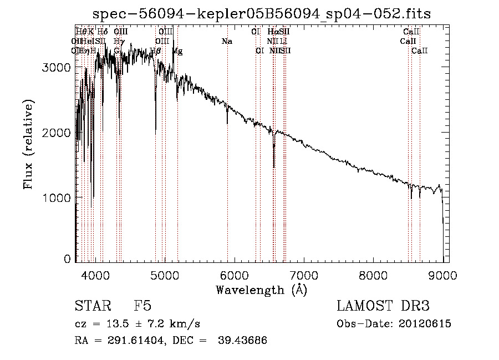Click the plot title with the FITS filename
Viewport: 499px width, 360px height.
click(261, 13)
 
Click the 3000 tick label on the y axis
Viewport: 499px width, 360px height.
click(57, 67)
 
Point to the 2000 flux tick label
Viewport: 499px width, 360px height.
click(57, 133)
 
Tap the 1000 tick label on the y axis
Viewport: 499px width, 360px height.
click(57, 197)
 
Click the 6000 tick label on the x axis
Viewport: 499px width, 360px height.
click(234, 275)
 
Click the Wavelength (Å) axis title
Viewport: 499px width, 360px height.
click(261, 290)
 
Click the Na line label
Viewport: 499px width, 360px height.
click(226, 41)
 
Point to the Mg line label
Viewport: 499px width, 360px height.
click(177, 51)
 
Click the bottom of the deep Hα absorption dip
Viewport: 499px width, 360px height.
click(274, 166)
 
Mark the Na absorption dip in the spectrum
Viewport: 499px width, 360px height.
click(227, 123)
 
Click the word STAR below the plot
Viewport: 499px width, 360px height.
click(91, 306)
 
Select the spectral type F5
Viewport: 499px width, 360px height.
click(142, 306)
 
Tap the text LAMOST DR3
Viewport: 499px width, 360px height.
click(383, 306)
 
